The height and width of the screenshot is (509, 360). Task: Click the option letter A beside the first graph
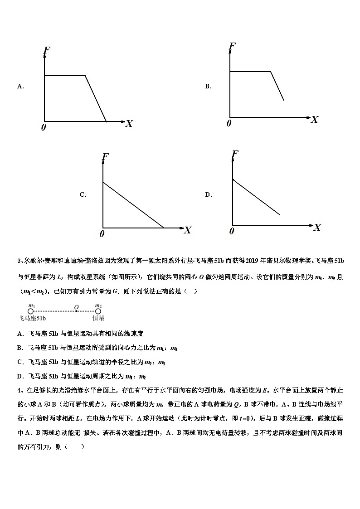tap(20, 86)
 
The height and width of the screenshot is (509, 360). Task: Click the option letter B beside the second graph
tap(208, 86)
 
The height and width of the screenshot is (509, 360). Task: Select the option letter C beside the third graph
tap(83, 195)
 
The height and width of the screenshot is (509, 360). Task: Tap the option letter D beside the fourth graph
tap(208, 195)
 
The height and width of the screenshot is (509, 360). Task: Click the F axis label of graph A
tap(46, 50)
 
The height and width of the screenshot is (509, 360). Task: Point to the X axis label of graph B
tap(314, 120)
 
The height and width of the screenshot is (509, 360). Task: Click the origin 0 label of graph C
tap(102, 234)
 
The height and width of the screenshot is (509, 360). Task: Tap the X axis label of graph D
tap(317, 228)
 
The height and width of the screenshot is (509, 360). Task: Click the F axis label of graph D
tap(235, 155)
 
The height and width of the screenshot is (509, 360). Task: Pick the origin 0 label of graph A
tap(44, 127)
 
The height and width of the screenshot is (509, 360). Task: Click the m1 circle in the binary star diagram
tap(31, 311)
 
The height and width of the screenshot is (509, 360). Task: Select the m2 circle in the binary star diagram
tap(98, 311)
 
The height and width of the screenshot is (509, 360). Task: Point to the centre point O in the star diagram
tap(77, 311)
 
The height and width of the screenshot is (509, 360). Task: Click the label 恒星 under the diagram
tap(98, 319)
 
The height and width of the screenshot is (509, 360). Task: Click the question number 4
tap(19, 389)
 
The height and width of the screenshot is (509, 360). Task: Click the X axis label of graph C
tap(187, 230)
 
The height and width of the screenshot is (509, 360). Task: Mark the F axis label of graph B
tap(232, 46)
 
